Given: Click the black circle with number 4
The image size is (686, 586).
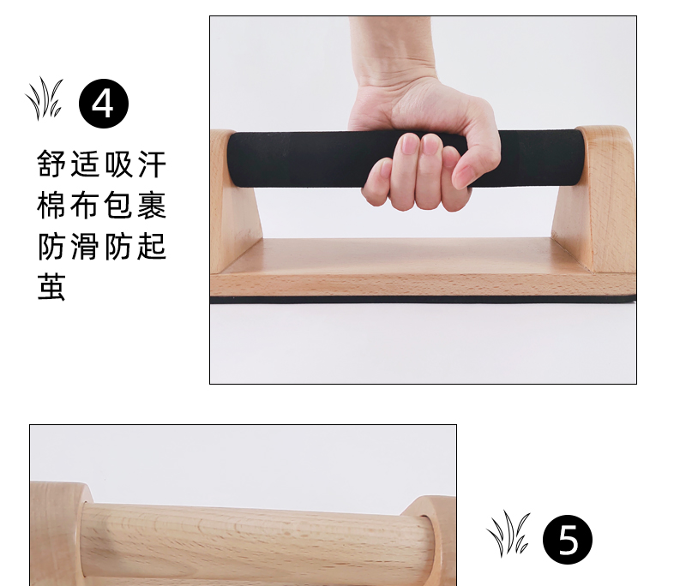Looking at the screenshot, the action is (x=104, y=104).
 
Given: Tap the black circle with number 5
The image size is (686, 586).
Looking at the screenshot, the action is (x=568, y=540).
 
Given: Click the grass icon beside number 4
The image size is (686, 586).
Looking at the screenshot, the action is (x=45, y=99).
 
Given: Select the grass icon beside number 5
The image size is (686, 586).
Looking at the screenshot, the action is (x=508, y=533).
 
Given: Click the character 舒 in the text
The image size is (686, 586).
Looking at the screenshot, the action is (x=51, y=164).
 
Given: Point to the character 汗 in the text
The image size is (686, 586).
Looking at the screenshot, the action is (x=153, y=164).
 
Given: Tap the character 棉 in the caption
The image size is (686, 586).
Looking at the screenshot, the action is (x=51, y=205).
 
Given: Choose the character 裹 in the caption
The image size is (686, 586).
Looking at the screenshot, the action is (x=153, y=205).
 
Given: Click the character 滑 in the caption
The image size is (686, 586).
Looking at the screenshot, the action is (x=85, y=246).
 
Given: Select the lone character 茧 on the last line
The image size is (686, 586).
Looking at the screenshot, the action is (x=51, y=287).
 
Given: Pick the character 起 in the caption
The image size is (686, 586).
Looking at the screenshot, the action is (x=153, y=246).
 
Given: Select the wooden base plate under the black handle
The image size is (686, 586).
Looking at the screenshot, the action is (x=422, y=269).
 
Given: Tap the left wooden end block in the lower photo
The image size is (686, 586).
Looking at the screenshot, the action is (x=57, y=533).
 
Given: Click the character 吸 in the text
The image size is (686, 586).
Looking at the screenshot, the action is (x=118, y=164).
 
